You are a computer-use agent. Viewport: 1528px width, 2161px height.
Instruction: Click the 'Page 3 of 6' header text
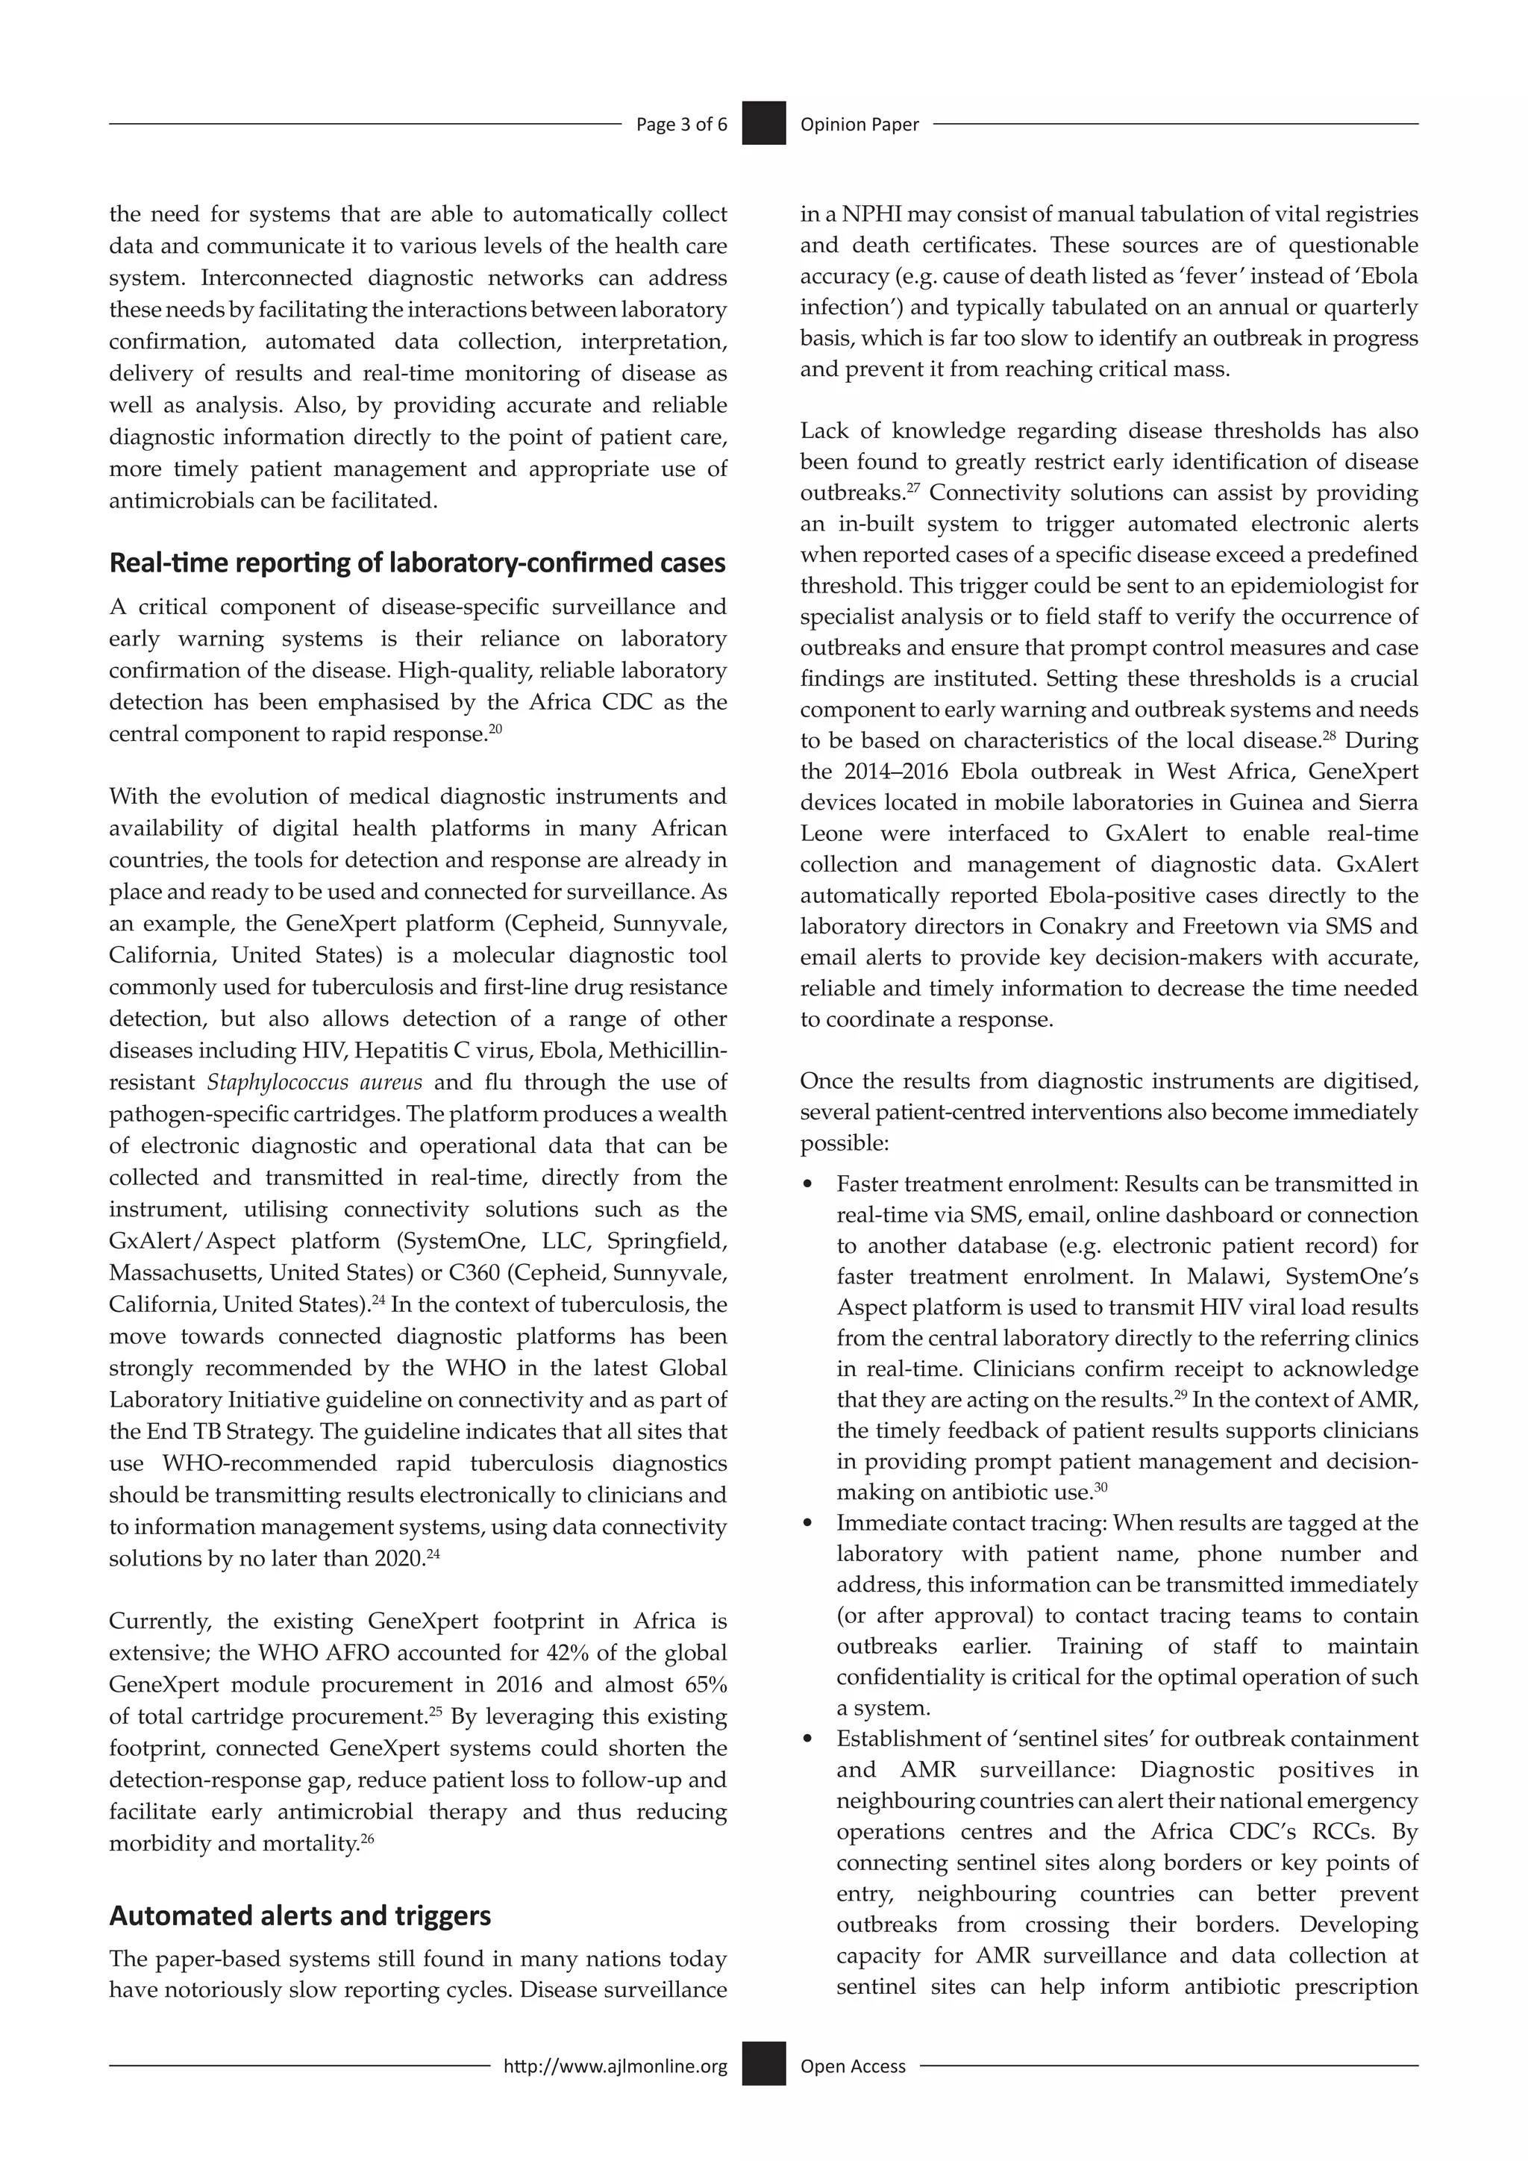click(681, 124)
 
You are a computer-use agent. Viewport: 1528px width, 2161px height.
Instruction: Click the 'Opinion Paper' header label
click(859, 124)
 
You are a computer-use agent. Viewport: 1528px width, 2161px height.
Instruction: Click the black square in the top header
click(763, 123)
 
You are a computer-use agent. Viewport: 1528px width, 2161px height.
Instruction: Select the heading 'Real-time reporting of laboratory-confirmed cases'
click(417, 563)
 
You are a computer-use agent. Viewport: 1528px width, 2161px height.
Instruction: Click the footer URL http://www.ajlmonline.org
click(616, 2066)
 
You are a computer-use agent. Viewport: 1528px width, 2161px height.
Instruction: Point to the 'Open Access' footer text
click(853, 2066)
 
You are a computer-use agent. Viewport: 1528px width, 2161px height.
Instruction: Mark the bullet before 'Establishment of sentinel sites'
click(807, 1739)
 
